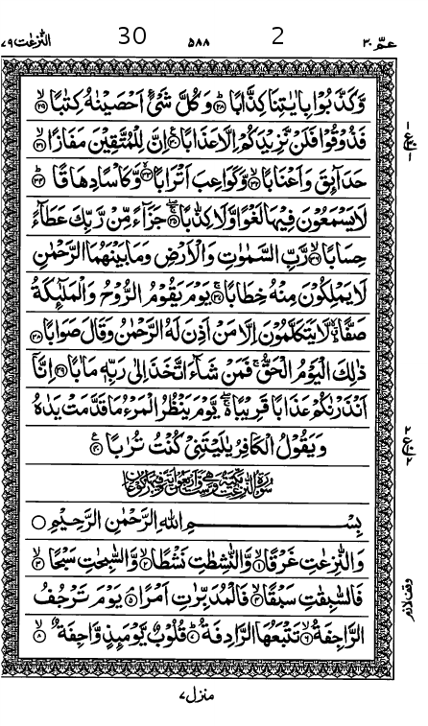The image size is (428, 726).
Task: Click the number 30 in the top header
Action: (132, 36)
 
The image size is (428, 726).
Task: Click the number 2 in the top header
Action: (277, 36)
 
